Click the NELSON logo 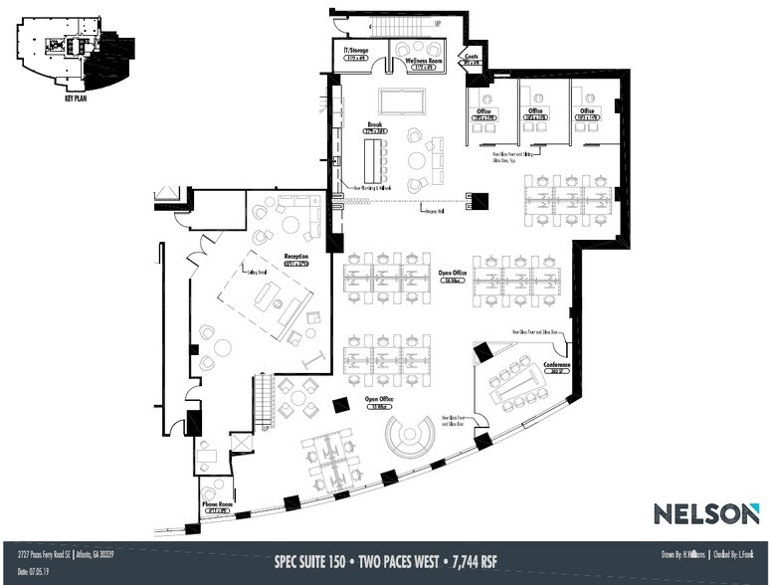706,513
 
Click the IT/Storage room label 356,50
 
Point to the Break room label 375,126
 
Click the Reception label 295,257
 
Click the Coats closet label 472,57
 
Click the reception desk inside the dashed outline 268,296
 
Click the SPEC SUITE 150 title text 317,560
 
